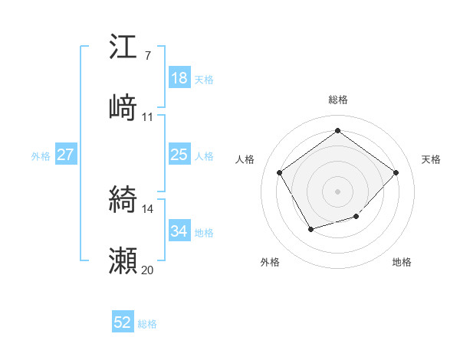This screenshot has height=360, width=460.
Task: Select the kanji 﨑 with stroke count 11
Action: (123, 108)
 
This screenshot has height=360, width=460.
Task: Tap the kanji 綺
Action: (123, 201)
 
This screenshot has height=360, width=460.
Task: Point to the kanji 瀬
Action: (123, 260)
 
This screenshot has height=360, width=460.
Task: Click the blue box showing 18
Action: (179, 78)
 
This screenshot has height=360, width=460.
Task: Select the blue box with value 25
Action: (179, 155)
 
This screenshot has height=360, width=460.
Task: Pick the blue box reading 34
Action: (179, 231)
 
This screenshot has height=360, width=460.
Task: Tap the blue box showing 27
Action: (65, 155)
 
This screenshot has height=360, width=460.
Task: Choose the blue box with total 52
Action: (123, 323)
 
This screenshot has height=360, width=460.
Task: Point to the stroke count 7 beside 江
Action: (147, 55)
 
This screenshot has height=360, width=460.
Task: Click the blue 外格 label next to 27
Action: (41, 155)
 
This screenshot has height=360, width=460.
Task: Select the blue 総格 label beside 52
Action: (147, 324)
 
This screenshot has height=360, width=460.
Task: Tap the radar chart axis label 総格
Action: (337, 100)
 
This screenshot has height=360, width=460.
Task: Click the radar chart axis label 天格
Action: (431, 159)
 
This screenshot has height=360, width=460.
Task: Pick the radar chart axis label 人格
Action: (245, 159)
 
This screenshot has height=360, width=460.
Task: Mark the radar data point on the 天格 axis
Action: (396, 172)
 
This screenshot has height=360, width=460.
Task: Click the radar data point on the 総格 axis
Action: (337, 130)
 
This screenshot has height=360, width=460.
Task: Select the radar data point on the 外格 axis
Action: (310, 228)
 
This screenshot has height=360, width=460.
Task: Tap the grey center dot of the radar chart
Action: (337, 191)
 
